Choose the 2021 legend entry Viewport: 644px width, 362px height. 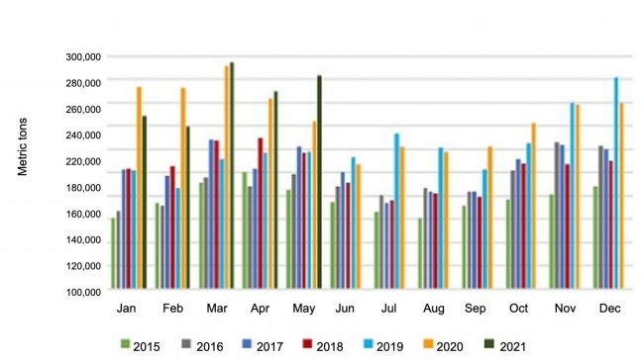[x=505, y=346]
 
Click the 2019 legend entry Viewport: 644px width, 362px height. [x=384, y=346]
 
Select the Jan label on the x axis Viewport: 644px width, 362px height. [x=127, y=310]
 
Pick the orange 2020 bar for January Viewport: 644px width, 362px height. [x=139, y=188]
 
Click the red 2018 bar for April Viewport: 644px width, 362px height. [x=260, y=214]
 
